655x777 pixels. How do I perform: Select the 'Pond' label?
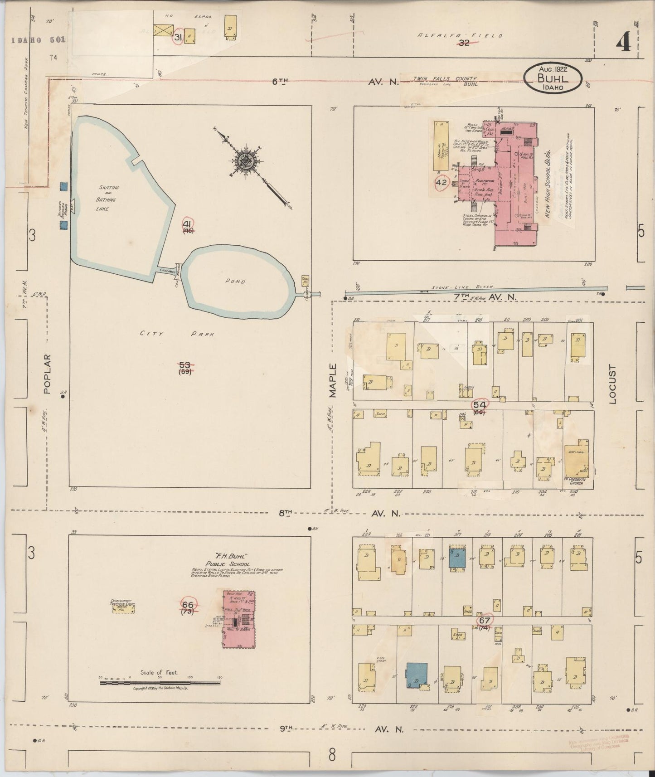[x=237, y=282]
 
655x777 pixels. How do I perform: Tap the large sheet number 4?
[x=624, y=44]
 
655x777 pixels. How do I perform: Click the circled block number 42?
[x=441, y=183]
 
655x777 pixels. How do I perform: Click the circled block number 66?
[x=188, y=605]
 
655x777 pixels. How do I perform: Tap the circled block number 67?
[x=484, y=621]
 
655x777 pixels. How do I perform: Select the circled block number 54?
[x=480, y=404]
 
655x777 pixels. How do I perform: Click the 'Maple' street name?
[x=334, y=381]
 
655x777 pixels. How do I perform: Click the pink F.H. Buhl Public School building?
[x=239, y=619]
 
